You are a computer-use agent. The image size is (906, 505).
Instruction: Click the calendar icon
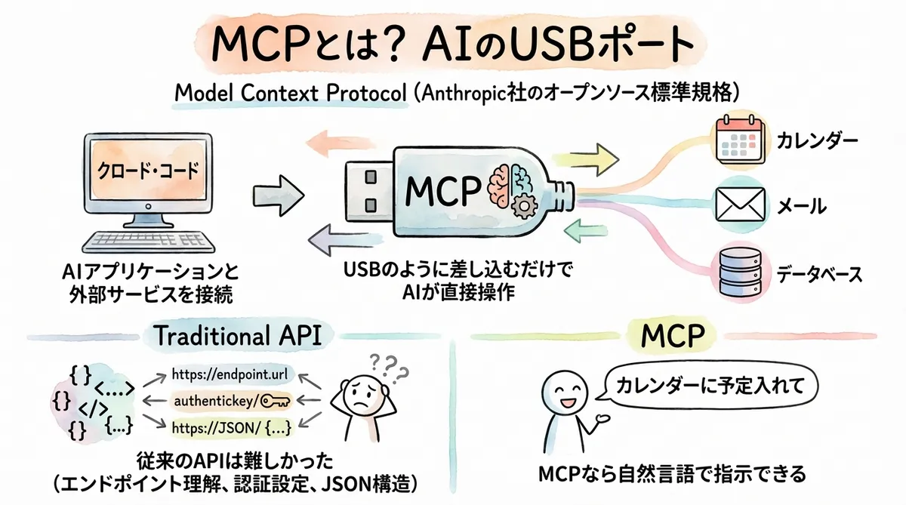pos(735,140)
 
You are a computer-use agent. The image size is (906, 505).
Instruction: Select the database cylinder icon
pos(735,273)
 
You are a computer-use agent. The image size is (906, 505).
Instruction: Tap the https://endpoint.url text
pos(229,373)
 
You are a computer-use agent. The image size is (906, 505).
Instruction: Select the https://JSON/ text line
pos(229,427)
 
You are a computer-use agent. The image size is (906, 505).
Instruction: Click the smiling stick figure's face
pos(562,393)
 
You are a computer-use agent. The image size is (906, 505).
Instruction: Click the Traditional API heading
pos(237,337)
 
